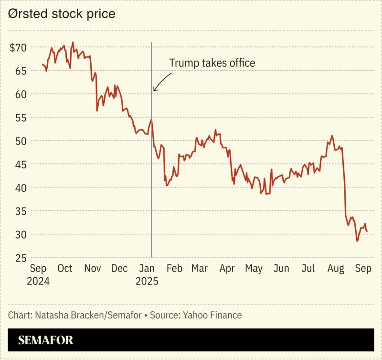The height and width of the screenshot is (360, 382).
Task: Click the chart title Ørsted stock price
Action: click(62, 14)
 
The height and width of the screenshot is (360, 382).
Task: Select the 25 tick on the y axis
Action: click(21, 258)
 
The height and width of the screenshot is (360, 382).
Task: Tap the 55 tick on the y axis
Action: click(21, 118)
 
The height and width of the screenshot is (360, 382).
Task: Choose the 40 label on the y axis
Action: click(21, 188)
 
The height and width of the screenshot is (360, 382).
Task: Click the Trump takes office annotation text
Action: click(212, 63)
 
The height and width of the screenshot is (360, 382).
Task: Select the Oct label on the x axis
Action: click(65, 269)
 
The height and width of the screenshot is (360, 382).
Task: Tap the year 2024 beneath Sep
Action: click(38, 281)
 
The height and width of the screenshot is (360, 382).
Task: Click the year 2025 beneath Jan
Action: click(147, 281)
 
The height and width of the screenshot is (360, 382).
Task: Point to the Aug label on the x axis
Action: click(336, 269)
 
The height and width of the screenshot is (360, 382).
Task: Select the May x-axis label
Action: click(254, 269)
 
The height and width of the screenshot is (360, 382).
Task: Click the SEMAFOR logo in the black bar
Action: click(46, 340)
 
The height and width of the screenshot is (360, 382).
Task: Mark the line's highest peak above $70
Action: click(73, 42)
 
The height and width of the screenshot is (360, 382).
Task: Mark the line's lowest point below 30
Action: click(357, 241)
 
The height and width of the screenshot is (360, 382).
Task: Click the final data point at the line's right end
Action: click(367, 231)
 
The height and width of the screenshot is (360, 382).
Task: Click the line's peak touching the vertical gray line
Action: click(151, 119)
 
